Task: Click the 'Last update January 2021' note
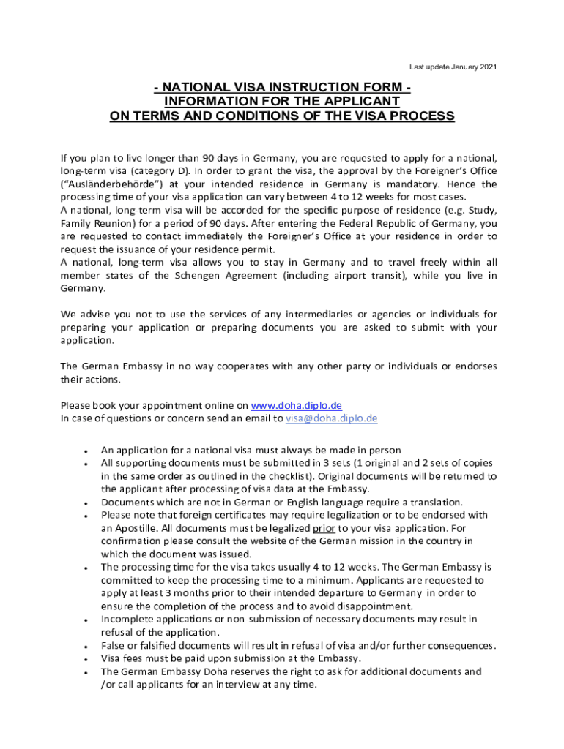453,67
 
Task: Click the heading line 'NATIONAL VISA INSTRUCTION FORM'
282,89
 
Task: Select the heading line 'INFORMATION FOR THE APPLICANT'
282,102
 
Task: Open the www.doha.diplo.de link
296,405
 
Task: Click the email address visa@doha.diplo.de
331,418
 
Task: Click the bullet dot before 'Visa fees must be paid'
87,659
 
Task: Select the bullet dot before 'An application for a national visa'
87,451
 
